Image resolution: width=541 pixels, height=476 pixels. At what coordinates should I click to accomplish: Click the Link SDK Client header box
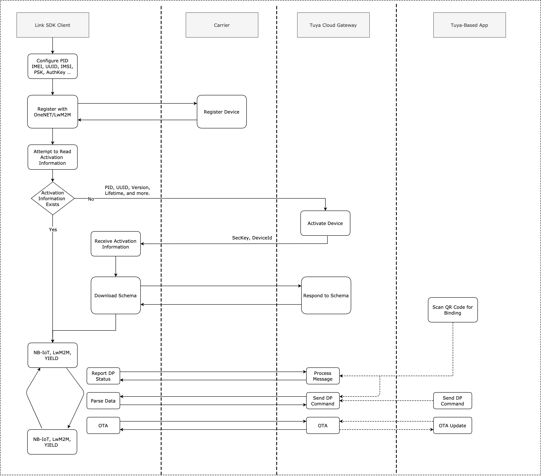tap(53, 25)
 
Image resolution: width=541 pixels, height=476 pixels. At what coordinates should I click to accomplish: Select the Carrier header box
tap(222, 25)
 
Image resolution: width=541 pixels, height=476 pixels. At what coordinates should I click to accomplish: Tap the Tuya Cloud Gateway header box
tap(333, 25)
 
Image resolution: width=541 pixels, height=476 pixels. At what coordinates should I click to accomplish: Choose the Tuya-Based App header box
tap(469, 25)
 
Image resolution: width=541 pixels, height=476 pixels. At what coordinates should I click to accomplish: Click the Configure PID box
tap(52, 66)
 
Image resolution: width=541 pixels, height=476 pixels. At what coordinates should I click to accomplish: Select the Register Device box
tap(222, 112)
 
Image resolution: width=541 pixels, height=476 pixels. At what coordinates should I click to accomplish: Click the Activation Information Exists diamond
tap(52, 198)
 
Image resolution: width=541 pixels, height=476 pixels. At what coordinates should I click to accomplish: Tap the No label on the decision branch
tap(91, 199)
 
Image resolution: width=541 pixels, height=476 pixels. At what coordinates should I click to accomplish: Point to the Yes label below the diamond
tap(53, 230)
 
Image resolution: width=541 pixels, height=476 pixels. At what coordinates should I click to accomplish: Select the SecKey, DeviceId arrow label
tap(252, 238)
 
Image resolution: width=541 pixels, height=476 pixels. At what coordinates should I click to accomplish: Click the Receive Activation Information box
tap(115, 244)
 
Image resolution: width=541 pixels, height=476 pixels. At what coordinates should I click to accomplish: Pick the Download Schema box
tap(115, 295)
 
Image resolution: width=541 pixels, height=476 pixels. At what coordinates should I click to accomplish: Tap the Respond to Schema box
tap(326, 295)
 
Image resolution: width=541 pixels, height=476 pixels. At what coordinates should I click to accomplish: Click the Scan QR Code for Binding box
tap(453, 310)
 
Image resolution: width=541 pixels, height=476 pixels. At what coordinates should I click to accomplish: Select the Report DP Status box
tap(103, 376)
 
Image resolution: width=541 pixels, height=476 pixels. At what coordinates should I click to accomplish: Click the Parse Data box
tap(103, 401)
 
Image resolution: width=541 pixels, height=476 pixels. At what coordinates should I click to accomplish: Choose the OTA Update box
tap(452, 425)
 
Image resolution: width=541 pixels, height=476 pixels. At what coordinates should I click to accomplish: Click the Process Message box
tap(323, 376)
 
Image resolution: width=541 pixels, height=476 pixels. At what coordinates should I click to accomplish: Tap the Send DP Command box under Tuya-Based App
tap(452, 401)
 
